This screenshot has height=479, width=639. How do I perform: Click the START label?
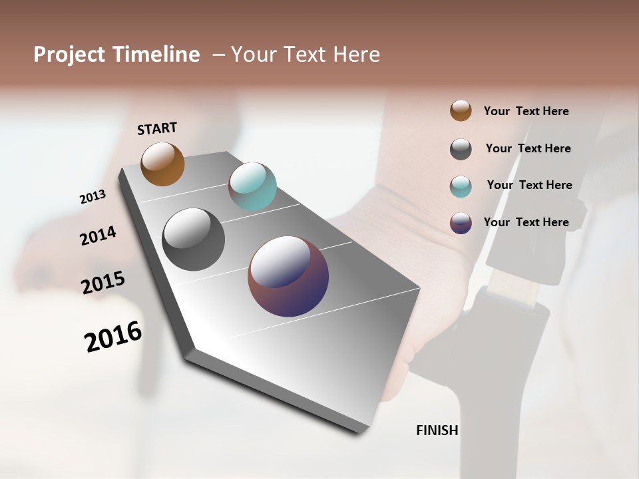pos(157,128)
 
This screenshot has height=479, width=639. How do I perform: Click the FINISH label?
pos(437,430)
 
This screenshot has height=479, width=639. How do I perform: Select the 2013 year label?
pos(93,197)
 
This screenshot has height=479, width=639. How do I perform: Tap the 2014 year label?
pos(98,236)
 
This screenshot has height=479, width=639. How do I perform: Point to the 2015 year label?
pos(103,283)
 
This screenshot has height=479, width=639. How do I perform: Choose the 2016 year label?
pos(113,337)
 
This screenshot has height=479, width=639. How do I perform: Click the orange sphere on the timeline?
pos(162,164)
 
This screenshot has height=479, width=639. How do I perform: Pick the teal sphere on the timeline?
pos(252,186)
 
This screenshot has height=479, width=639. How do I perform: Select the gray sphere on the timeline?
pos(194,239)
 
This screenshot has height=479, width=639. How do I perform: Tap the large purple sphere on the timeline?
pos(288,276)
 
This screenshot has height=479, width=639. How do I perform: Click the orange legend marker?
pos(461,110)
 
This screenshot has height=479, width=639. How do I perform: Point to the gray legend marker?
pos(461,149)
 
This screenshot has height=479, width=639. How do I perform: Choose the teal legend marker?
pos(461,186)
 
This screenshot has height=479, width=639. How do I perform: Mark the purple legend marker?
pos(461,223)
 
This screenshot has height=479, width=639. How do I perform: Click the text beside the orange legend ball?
pos(526,111)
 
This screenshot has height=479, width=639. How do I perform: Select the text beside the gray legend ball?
pos(528,148)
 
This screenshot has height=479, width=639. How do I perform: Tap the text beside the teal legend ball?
pos(529,185)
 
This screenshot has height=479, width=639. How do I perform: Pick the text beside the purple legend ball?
pos(526,222)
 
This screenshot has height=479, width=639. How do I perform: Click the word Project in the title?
pos(69,55)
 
